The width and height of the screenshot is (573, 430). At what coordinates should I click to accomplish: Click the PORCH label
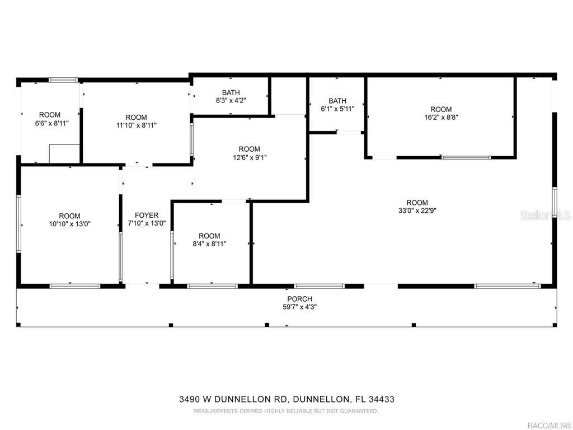click(x=299, y=299)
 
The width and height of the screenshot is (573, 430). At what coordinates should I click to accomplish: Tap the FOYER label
click(x=147, y=216)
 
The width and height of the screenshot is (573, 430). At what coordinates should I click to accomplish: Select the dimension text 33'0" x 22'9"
click(x=417, y=211)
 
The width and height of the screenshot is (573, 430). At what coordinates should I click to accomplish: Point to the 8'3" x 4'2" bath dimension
click(x=231, y=101)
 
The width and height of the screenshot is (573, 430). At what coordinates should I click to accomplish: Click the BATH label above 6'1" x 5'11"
click(x=337, y=101)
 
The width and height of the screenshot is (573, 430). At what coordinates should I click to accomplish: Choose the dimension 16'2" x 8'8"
click(x=441, y=118)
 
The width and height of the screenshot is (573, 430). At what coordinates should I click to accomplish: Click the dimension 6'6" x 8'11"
click(x=51, y=123)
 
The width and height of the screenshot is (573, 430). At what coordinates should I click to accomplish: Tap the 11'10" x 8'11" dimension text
click(x=137, y=125)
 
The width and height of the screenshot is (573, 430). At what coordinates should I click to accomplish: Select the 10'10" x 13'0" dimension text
click(x=70, y=224)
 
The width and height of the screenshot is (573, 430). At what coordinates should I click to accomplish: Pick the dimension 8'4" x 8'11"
click(x=209, y=244)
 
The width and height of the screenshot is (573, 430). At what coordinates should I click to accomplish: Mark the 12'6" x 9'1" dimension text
click(x=249, y=157)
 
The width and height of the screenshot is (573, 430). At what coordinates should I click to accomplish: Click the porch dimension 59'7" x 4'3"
click(x=300, y=307)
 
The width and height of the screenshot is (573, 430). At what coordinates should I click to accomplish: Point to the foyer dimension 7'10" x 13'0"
click(x=147, y=223)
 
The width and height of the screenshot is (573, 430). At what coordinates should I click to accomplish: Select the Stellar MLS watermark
click(x=545, y=215)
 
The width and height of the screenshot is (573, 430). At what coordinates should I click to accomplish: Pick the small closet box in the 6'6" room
click(x=64, y=153)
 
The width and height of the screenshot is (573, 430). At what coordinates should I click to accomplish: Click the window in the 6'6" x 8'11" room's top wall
click(x=63, y=80)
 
